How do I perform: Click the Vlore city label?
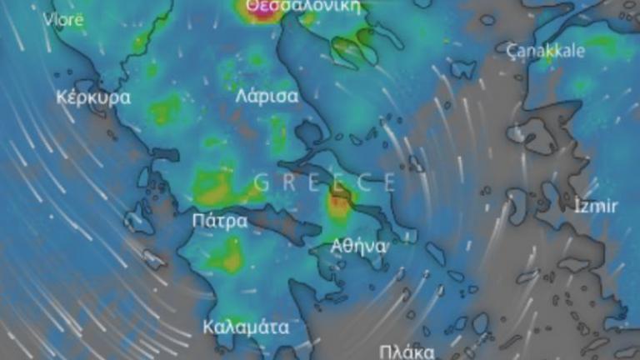coord(64,19)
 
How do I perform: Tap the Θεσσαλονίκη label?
coord(302,6)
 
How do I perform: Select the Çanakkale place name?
coord(546,50)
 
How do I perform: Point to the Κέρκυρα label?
coord(93,97)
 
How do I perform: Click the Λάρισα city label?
coord(267,95)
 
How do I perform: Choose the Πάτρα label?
coord(219,221)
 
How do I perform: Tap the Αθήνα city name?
coord(358,246)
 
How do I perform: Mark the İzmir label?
coord(597,206)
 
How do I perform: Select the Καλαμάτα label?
coord(246,327)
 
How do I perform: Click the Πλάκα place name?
coord(406,351)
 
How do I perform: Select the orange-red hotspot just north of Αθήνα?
coord(338,201)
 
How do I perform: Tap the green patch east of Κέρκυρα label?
coord(165,108)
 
